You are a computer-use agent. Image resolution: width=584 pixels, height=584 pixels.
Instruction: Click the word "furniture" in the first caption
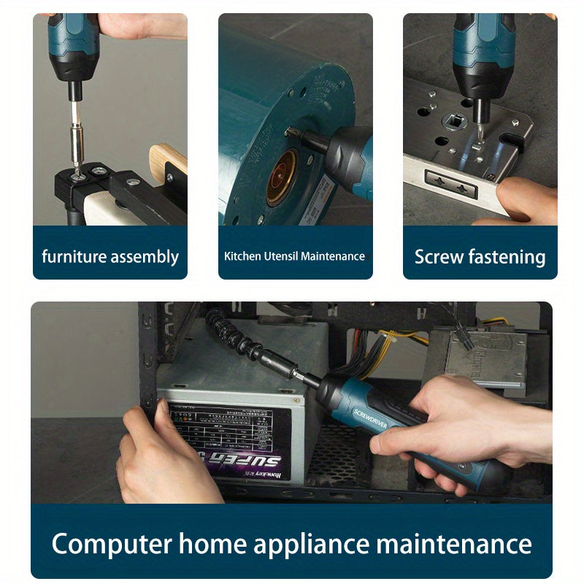[x=74, y=257]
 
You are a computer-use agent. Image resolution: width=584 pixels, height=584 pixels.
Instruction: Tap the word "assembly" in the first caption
[x=144, y=257]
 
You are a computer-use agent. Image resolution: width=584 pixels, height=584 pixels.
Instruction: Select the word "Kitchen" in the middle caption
[x=242, y=256]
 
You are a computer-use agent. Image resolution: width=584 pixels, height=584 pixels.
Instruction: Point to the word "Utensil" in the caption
[x=280, y=256]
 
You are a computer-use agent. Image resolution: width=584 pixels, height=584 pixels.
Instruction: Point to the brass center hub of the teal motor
[x=281, y=177]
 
